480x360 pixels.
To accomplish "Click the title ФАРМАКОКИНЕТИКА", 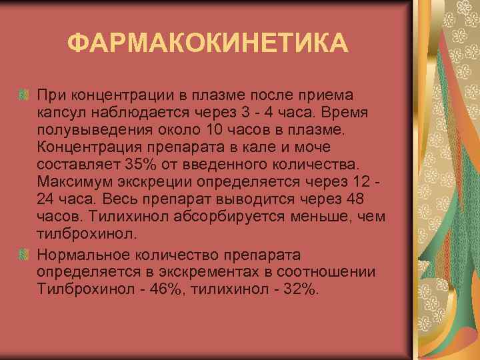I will pyautogui.click(x=207, y=44).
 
